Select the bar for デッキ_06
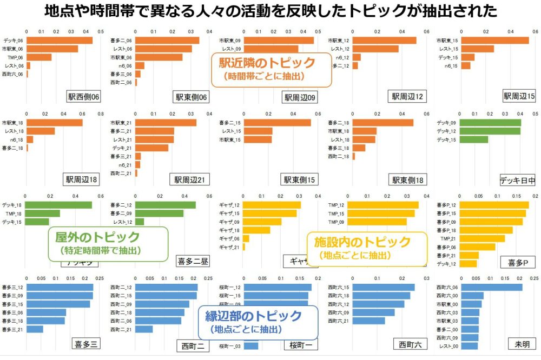[x=60, y=40]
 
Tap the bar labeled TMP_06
[x=39, y=57]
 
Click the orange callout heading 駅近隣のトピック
[x=267, y=63]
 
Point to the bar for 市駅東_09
[x=279, y=40]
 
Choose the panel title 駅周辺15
[x=519, y=96]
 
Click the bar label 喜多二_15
[x=230, y=122]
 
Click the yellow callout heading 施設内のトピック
[x=363, y=242]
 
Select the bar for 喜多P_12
[x=494, y=205]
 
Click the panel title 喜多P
[x=518, y=262]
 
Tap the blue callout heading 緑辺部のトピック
[x=256, y=316]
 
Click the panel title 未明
[x=519, y=344]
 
